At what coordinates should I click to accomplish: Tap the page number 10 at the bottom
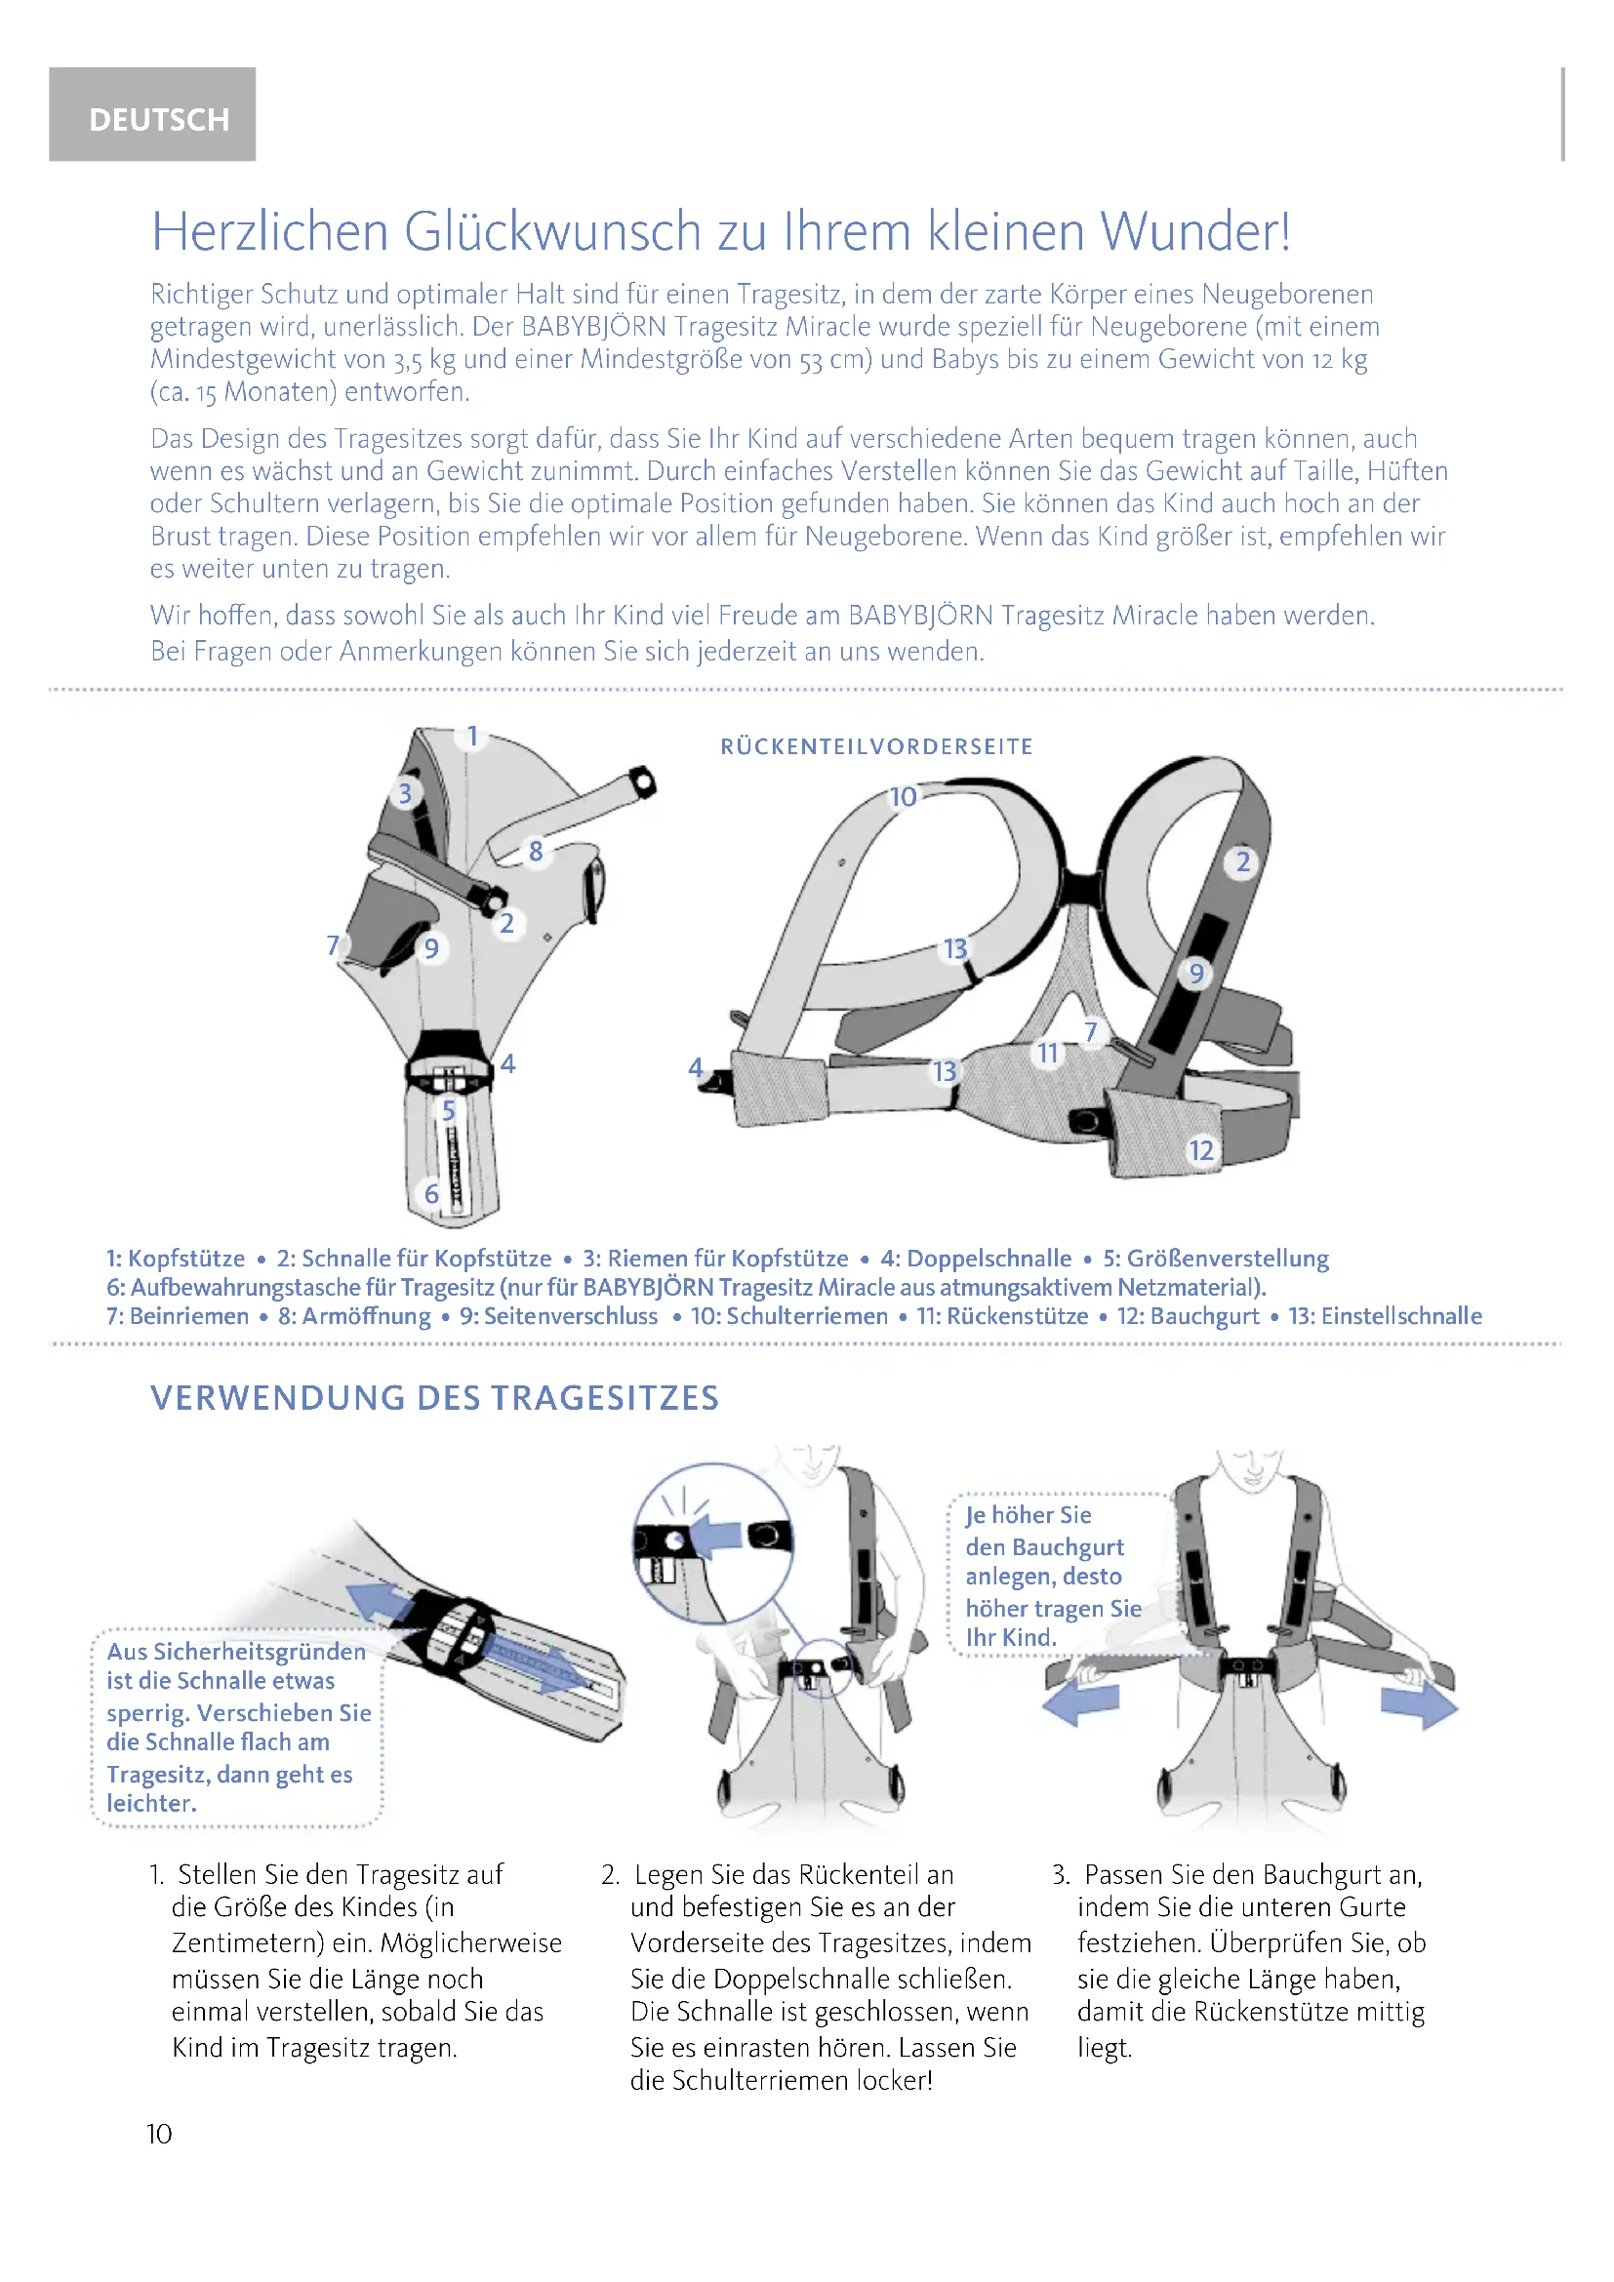point(159,2134)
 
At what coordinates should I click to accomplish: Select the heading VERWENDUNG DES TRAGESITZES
point(434,1397)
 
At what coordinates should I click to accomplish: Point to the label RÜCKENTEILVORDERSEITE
point(876,746)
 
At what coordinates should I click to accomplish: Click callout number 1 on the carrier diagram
point(473,737)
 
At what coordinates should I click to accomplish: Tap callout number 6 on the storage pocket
point(432,1193)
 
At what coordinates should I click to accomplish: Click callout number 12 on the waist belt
point(1201,1151)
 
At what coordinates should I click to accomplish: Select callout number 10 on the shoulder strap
point(903,797)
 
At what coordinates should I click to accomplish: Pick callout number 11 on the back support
point(1047,1053)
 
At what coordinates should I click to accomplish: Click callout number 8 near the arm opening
point(536,851)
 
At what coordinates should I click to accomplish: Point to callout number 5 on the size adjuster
point(448,1110)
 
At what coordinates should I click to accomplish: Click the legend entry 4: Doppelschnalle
point(976,1259)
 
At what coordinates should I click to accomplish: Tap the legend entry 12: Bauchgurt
point(1188,1316)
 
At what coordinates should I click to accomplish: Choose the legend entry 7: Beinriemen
point(178,1316)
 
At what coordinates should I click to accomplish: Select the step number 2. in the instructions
point(610,1874)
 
